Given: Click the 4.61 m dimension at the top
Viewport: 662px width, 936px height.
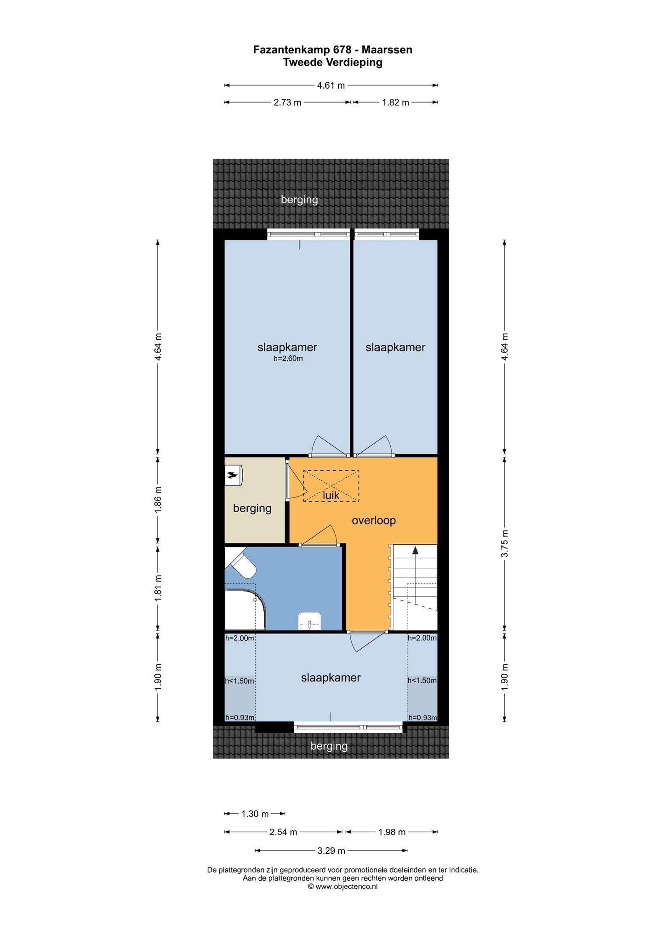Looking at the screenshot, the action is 331,85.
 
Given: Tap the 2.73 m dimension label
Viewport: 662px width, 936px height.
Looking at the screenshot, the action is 287,103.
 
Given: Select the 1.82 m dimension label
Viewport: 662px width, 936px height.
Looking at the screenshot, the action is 395,103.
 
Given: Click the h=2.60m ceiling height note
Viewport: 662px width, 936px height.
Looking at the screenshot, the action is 288,359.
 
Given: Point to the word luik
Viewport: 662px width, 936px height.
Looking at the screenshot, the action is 331,495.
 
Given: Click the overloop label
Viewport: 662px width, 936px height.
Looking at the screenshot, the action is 374,520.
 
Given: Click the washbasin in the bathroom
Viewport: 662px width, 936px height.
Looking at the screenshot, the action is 310,621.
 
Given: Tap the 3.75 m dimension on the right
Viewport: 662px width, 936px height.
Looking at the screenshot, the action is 505,543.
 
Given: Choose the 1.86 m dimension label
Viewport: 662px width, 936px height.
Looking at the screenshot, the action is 158,499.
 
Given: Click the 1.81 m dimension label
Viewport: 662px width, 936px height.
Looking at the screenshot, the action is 158,588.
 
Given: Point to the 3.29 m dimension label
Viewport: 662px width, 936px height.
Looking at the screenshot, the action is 331,850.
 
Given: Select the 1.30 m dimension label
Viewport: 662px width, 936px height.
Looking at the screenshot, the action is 255,814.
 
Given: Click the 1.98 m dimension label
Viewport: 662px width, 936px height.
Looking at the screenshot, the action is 392,832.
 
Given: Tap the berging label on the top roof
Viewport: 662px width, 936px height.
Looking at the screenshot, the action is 299,200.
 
